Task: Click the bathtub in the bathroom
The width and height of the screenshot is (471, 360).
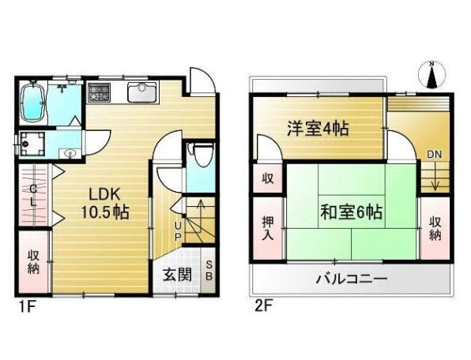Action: coord(32,101)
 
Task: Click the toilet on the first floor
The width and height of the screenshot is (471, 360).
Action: coord(201,154)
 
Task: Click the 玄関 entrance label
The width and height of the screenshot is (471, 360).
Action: coord(177,276)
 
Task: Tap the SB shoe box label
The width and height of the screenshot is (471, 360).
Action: coord(209,271)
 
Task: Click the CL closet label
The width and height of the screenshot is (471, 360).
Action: coord(34,195)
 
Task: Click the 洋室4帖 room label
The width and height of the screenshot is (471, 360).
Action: coord(317,128)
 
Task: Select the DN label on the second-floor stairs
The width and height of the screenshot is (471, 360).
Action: coord(435,155)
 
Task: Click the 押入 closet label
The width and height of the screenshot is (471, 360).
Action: coord(268,227)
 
